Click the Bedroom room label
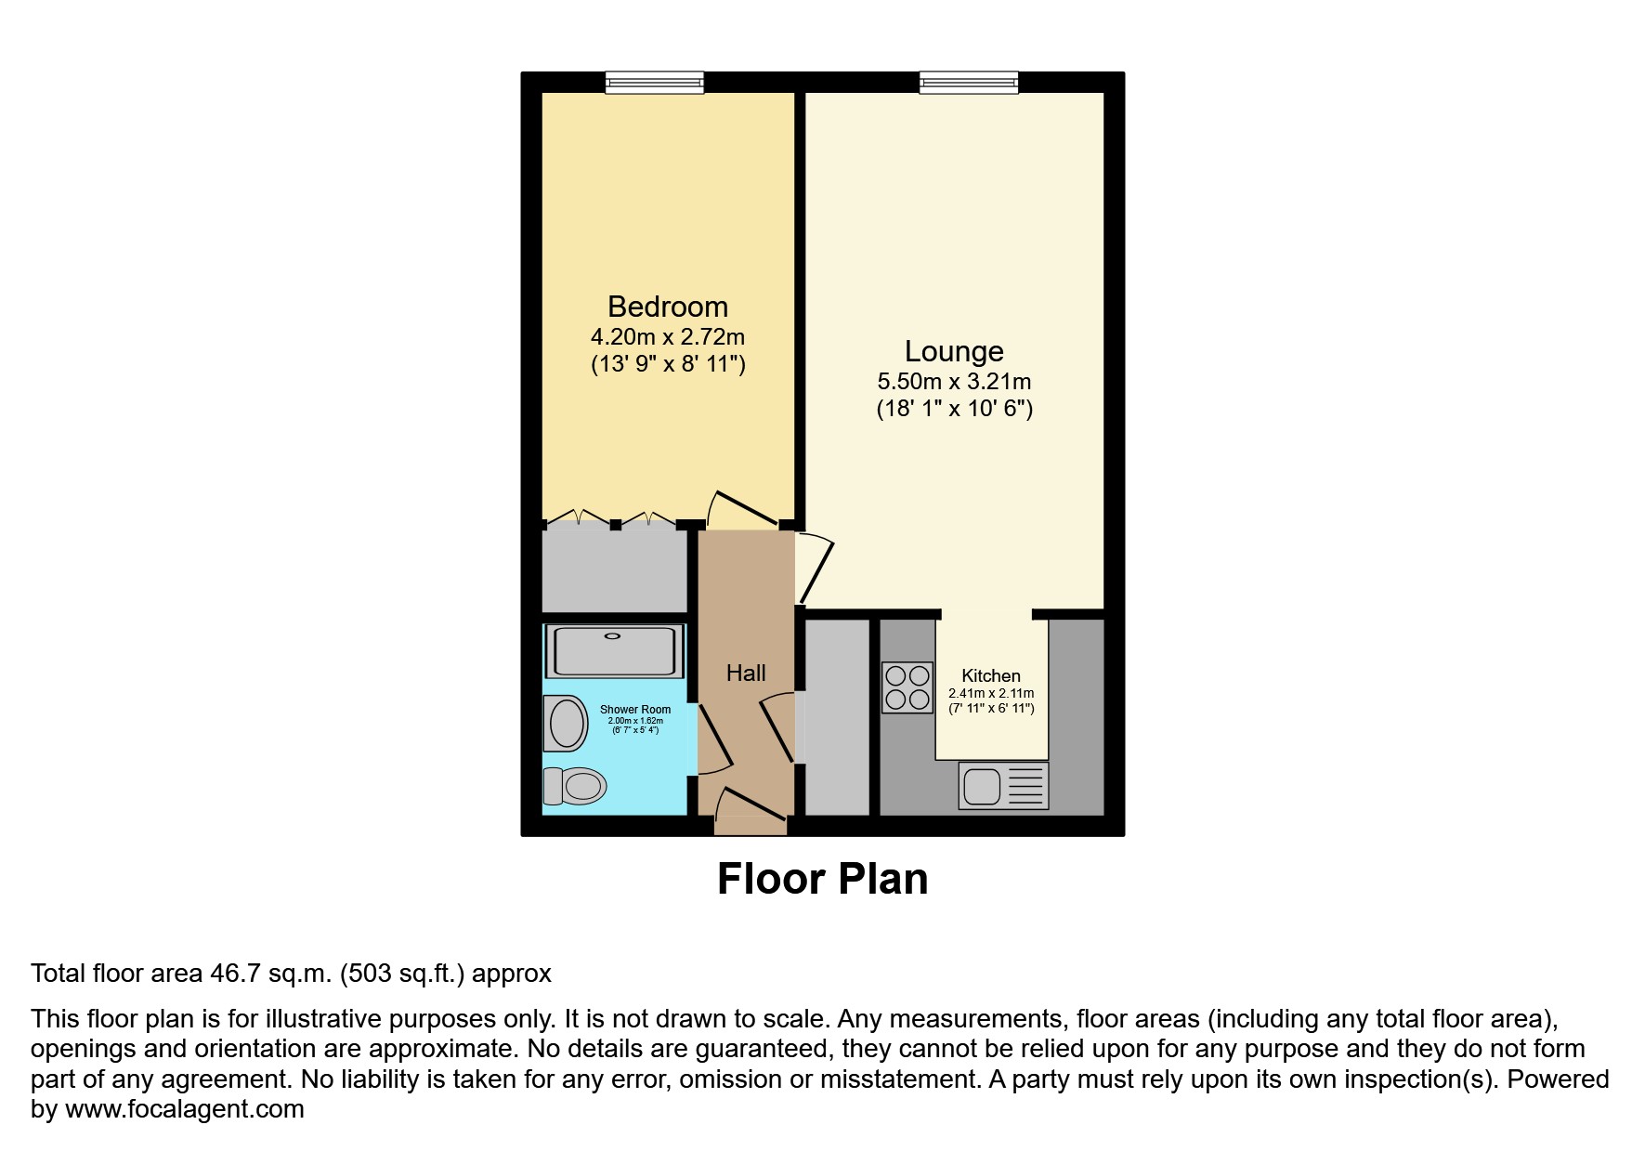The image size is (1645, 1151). click(667, 307)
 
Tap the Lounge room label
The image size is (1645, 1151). click(954, 351)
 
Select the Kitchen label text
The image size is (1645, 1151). click(990, 675)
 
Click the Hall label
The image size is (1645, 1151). click(746, 673)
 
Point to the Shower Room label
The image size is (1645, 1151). click(635, 709)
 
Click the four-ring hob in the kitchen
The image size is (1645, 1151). click(907, 687)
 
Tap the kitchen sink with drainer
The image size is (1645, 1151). click(1002, 786)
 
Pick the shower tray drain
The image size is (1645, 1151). click(612, 636)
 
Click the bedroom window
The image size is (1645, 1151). click(654, 83)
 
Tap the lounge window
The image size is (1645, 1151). click(969, 83)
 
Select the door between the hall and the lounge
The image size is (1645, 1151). click(814, 568)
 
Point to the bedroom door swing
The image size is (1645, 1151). click(743, 510)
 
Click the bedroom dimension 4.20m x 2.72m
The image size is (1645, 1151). click(667, 337)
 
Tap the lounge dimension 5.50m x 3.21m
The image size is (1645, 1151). click(954, 382)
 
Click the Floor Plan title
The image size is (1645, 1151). click(822, 879)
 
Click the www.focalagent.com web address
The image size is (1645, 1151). click(185, 1109)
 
